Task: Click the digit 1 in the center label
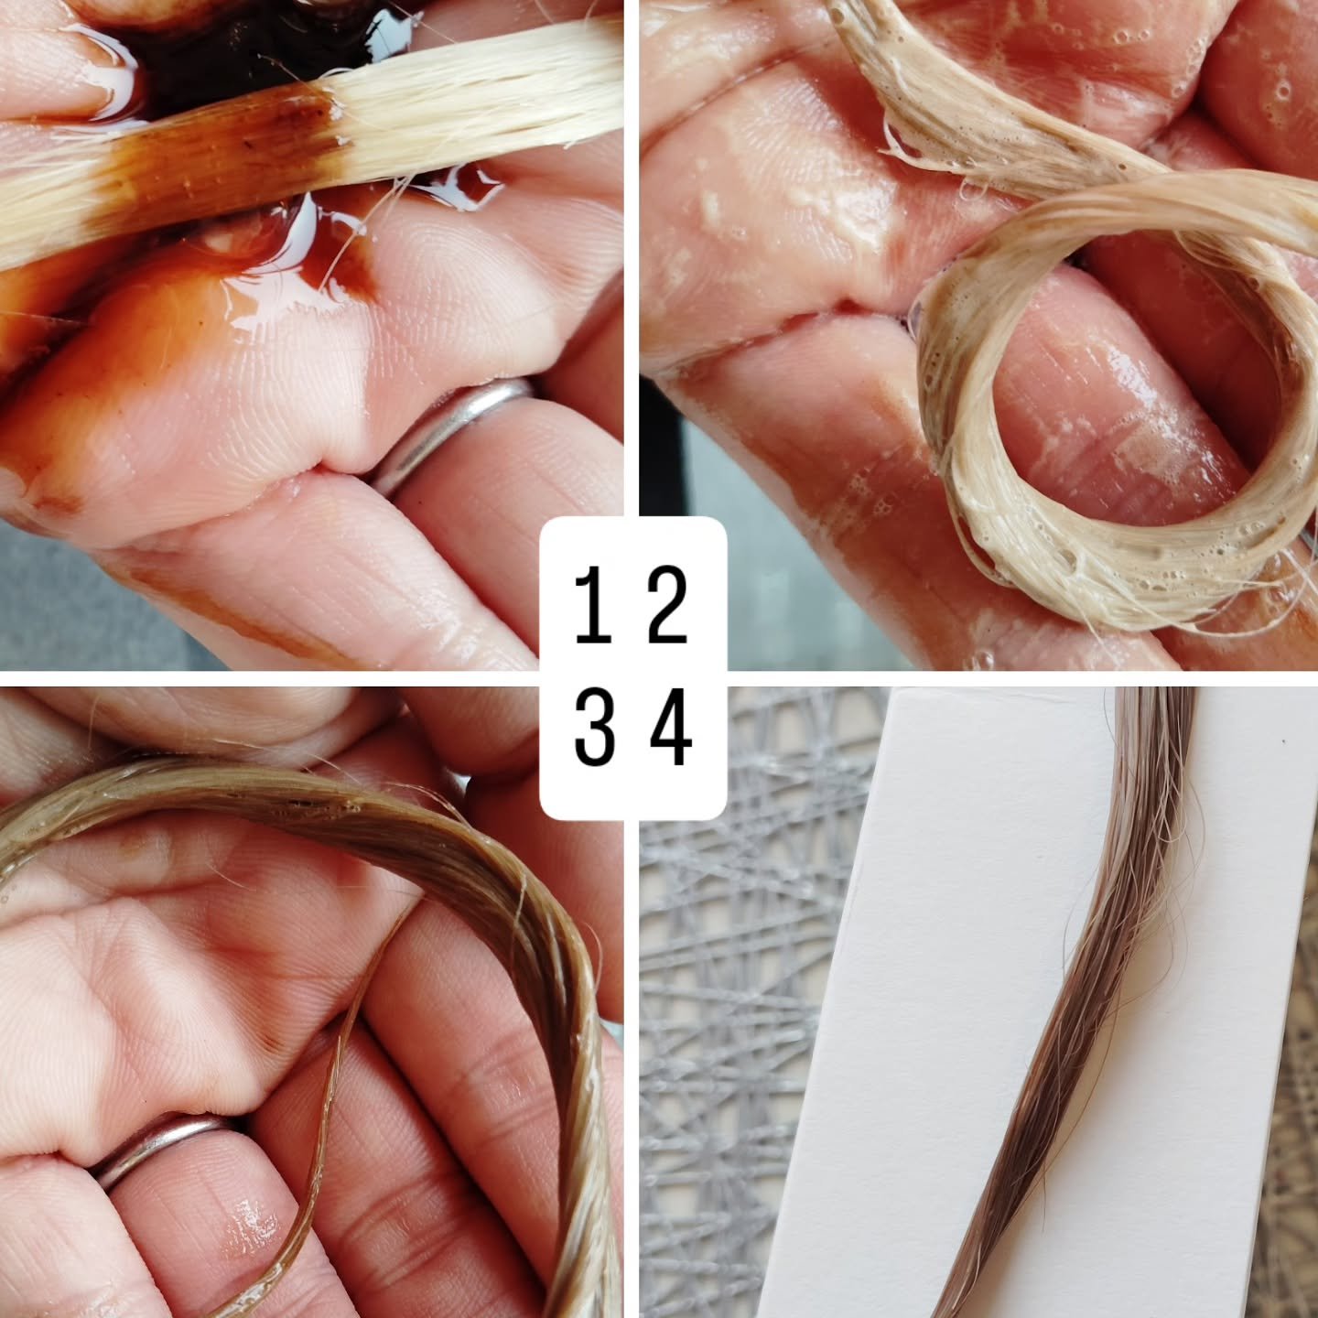(594, 605)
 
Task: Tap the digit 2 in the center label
(667, 605)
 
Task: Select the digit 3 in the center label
(594, 727)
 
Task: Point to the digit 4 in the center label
(670, 727)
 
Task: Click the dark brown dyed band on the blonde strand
(226, 147)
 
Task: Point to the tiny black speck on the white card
(1283, 740)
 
